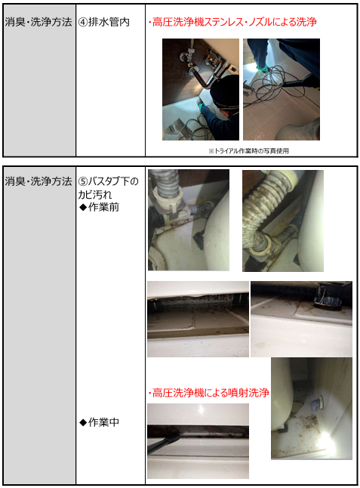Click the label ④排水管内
pos(104,22)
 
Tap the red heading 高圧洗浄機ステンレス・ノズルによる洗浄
pos(235,22)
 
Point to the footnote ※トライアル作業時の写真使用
pos(248,151)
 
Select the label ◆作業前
pos(100,207)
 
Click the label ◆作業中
pos(100,422)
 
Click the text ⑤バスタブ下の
pos(108,181)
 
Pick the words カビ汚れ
pos(95,194)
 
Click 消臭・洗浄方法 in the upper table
pos(38,22)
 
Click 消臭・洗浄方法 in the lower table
pos(38,181)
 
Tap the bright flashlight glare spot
pos(325,439)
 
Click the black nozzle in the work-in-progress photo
pos(164,442)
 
